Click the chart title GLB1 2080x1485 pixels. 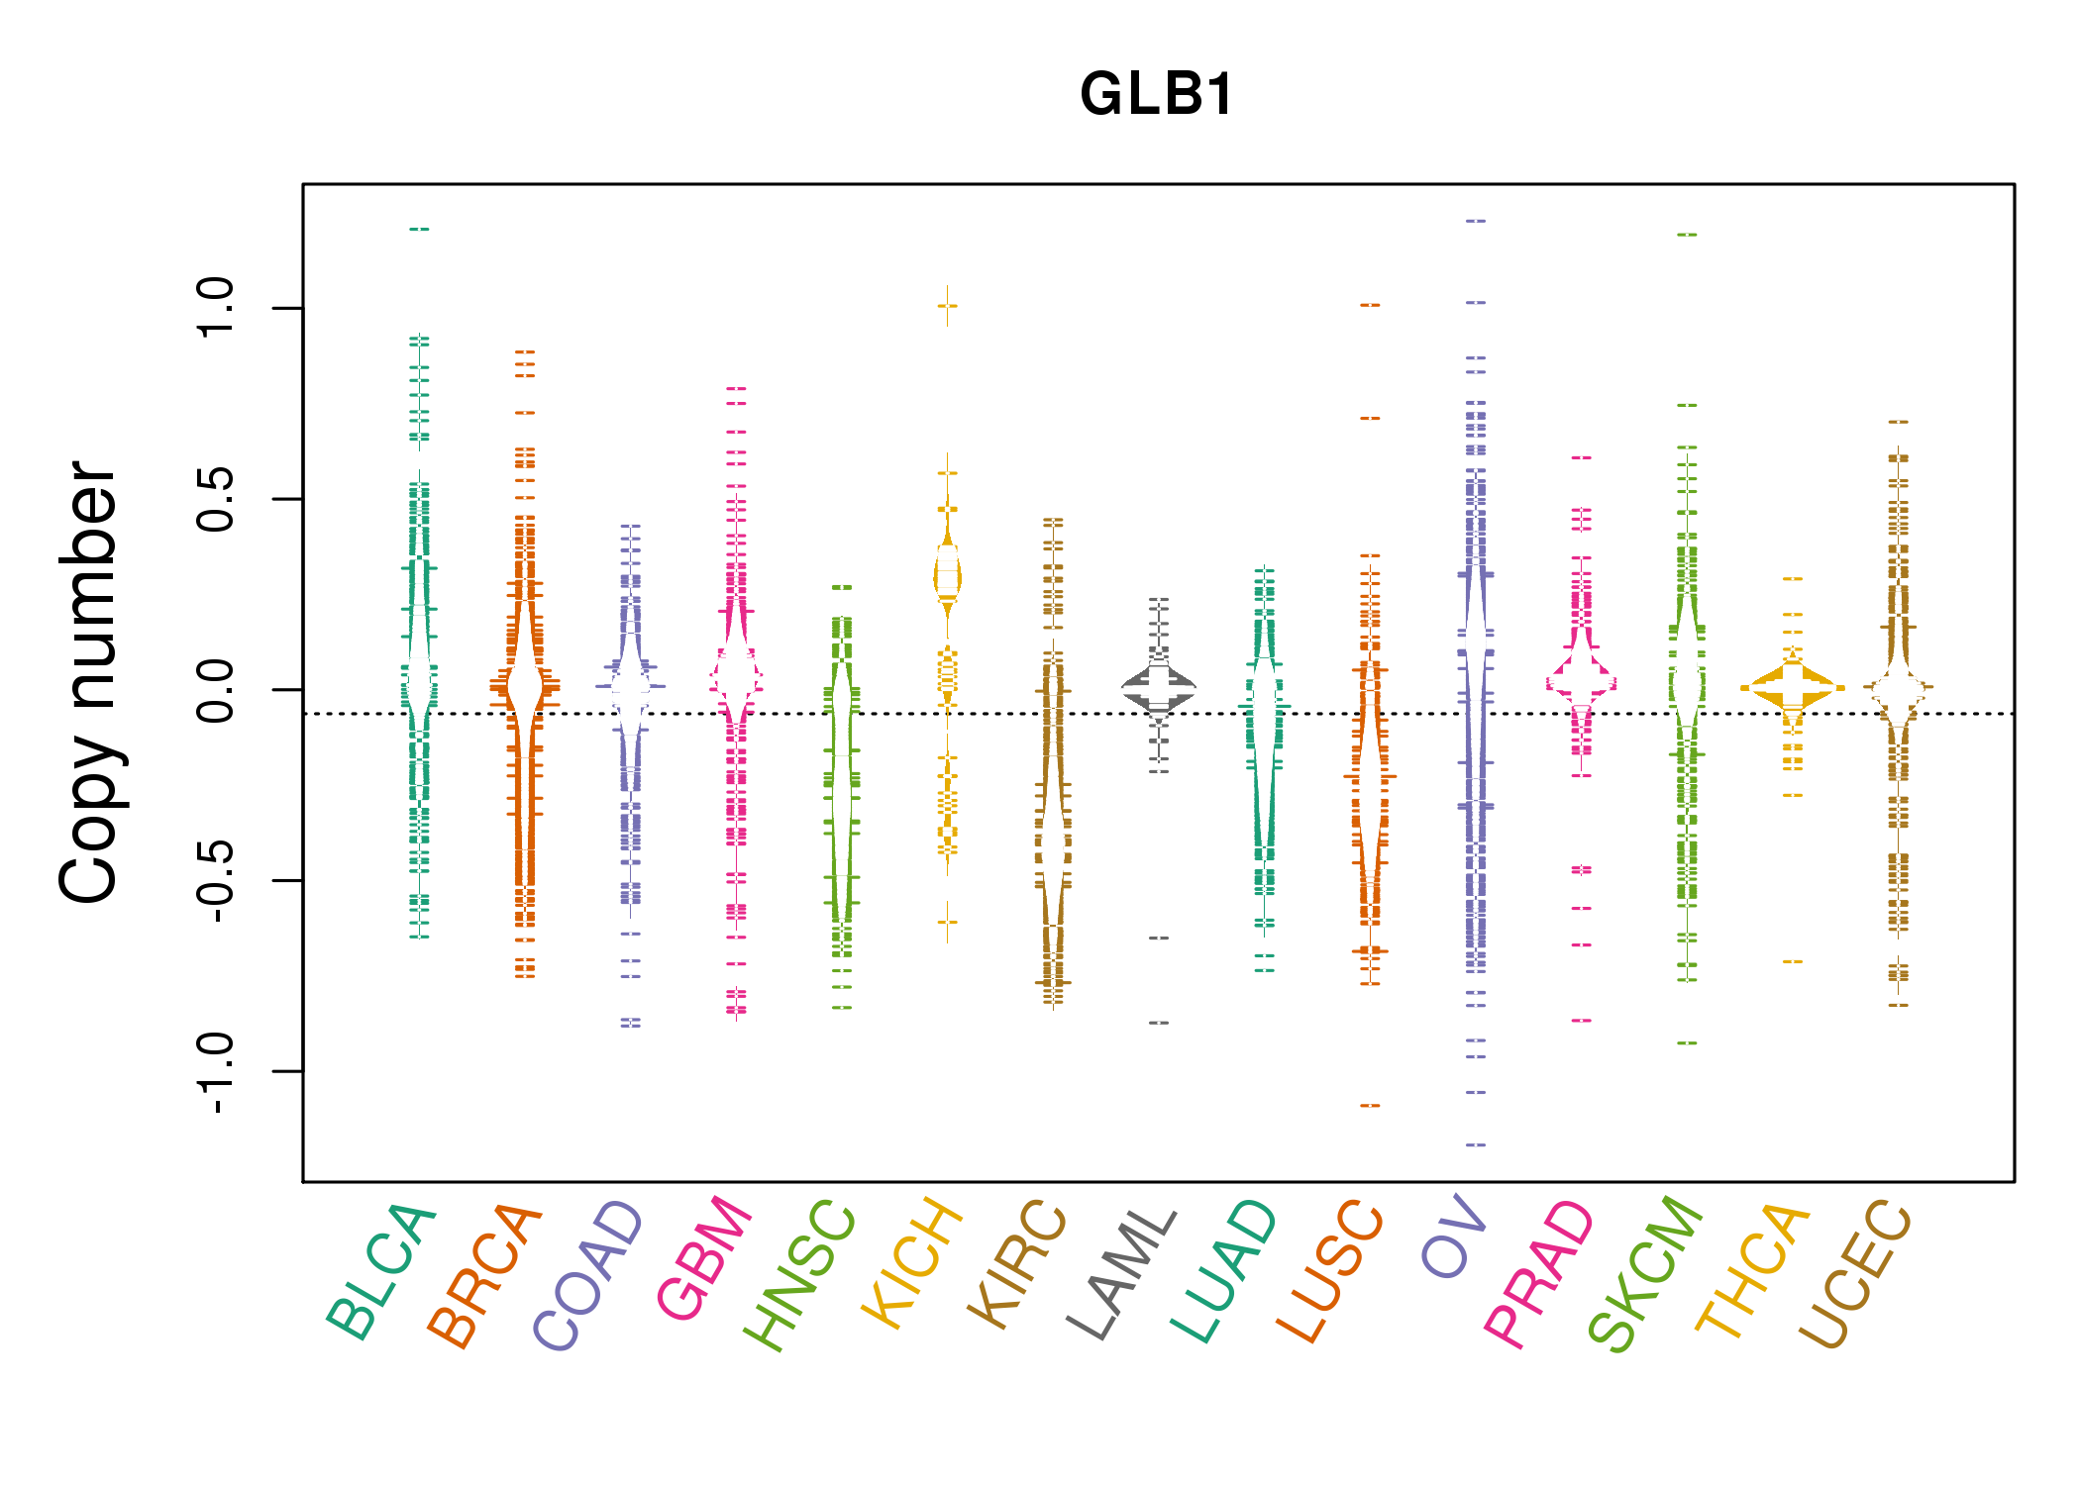click(1157, 95)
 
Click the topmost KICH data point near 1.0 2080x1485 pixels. click(948, 307)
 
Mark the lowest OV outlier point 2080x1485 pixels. click(1476, 1145)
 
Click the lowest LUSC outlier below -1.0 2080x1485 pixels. click(1370, 1106)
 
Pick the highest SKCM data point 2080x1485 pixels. click(1687, 236)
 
